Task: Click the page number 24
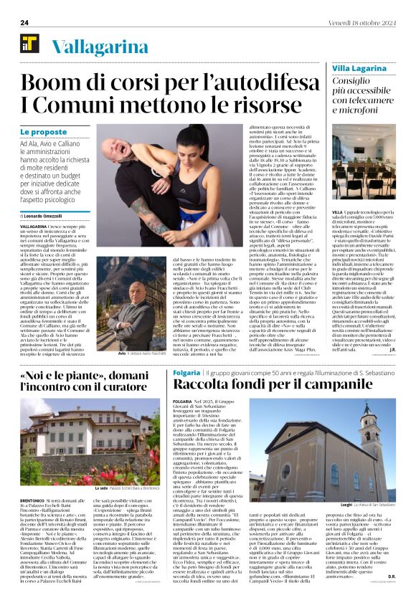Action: (24, 23)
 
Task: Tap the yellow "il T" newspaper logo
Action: (29, 44)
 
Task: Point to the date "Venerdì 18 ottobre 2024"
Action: (362, 23)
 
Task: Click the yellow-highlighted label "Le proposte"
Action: (44, 132)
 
